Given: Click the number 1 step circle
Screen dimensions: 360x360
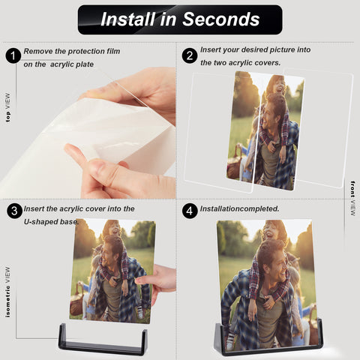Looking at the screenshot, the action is (13, 55).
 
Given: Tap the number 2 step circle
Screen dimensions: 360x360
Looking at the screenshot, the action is (190, 55).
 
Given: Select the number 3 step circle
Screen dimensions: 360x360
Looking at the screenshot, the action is (15, 211).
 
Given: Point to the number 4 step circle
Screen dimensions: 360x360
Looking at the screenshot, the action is (190, 211).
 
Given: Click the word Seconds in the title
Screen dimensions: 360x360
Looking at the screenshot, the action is (221, 19).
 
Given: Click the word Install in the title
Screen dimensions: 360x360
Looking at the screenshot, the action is (127, 19).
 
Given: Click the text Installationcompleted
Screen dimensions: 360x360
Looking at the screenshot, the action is (239, 208).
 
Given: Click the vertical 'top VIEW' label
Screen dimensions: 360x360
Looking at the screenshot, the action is (8, 108).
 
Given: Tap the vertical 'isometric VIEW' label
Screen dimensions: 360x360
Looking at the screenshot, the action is (8, 292).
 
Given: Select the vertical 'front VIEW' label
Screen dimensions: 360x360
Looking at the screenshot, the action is (352, 198).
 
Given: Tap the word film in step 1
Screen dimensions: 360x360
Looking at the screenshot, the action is (113, 51).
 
